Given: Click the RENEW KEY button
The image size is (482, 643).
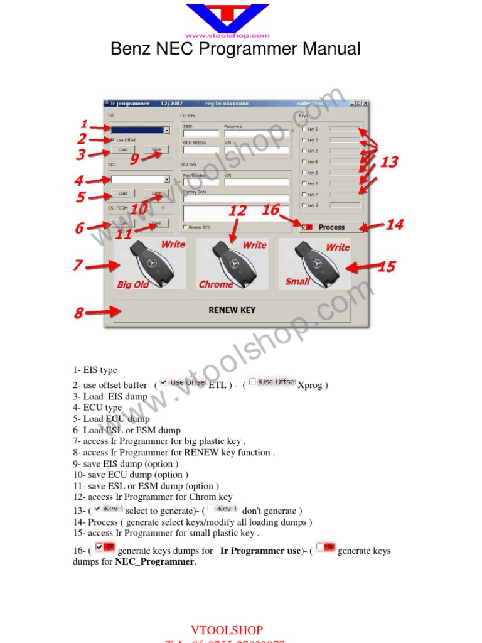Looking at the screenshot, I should click(x=232, y=310).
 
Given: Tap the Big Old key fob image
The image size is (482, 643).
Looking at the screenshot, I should click(x=149, y=264).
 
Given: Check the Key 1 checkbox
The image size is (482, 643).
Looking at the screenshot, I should click(x=304, y=129).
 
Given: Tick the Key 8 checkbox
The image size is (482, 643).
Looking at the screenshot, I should click(x=304, y=205).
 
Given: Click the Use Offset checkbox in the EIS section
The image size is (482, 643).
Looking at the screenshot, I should click(x=112, y=140).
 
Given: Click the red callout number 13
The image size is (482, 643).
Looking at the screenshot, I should click(x=389, y=162).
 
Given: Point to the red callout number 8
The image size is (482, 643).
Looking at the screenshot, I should click(x=79, y=313).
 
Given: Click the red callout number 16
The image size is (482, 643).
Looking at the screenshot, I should click(x=270, y=210).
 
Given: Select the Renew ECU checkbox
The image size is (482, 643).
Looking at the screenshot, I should click(x=185, y=227).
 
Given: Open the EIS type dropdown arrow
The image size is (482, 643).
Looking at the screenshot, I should click(x=167, y=130).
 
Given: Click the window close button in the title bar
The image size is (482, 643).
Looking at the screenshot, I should click(x=365, y=104).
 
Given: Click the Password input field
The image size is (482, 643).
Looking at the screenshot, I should click(x=256, y=133).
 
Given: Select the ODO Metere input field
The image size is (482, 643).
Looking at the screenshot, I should click(x=201, y=149).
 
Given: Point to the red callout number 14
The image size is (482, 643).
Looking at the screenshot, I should click(x=394, y=224).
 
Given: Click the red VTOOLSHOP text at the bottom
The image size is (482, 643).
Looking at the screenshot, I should click(x=227, y=630).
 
